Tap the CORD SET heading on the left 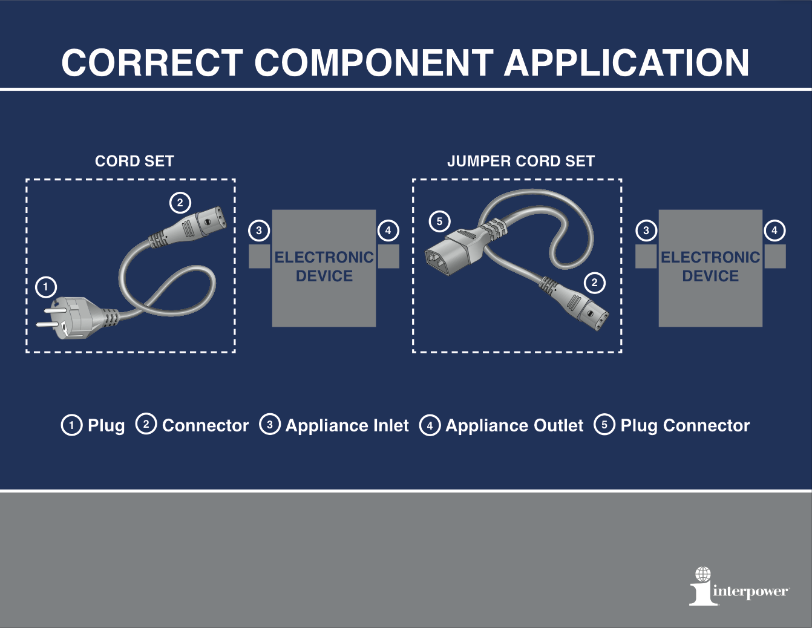point(134,162)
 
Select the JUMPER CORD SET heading point(520,162)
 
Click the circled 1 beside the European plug point(46,287)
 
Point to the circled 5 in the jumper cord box point(439,221)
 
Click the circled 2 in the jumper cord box point(594,283)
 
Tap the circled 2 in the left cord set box point(180,203)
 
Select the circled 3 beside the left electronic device point(259,231)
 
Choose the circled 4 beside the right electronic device point(774,231)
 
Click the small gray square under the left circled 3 point(260,257)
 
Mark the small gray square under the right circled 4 point(775,257)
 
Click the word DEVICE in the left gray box point(324,276)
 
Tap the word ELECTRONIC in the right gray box point(710,257)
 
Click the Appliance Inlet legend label point(347,425)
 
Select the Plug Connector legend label point(685,425)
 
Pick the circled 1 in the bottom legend point(72,425)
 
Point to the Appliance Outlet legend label point(514,425)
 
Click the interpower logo point(738,586)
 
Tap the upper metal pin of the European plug point(51,310)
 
